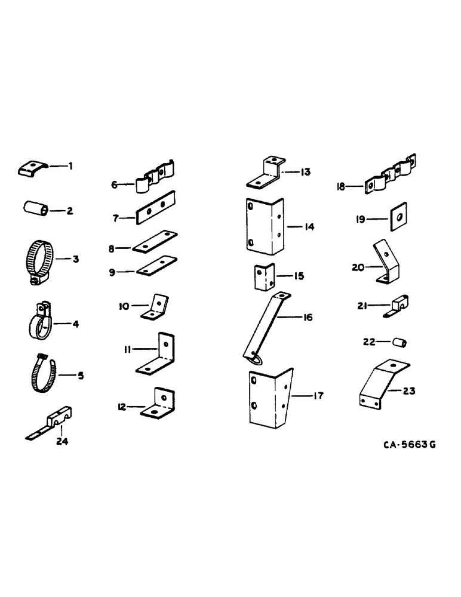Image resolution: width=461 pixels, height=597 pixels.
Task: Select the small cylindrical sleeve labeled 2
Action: [35, 210]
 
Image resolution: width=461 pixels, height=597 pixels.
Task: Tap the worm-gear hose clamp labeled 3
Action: [41, 259]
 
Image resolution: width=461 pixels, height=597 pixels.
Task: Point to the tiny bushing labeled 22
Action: [399, 342]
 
